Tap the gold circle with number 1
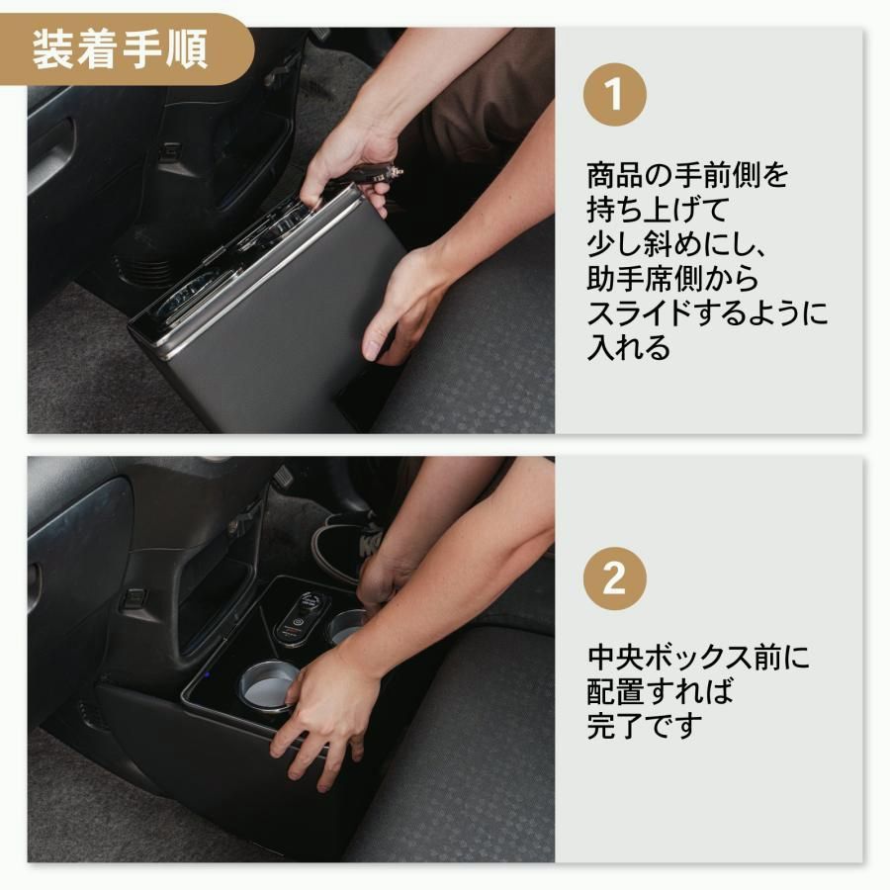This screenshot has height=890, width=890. click(614, 96)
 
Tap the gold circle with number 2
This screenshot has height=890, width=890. click(614, 578)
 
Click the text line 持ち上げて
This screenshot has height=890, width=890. click(657, 211)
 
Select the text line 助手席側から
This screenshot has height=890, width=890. click(672, 280)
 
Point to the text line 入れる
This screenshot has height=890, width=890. click(629, 348)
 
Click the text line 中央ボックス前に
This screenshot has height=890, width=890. click(698, 658)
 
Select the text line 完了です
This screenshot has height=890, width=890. click(644, 726)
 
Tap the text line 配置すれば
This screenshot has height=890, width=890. click(661, 691)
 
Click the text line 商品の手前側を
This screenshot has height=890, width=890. click(688, 176)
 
